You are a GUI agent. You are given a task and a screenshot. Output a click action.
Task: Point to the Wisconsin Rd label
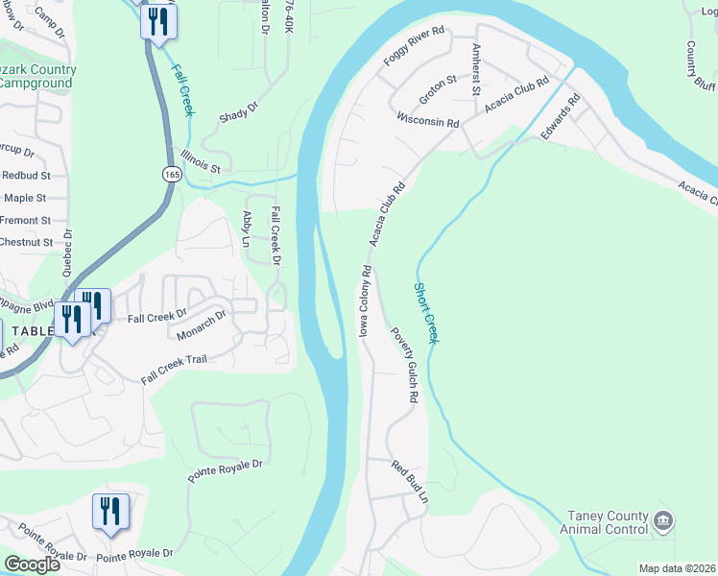(x=428, y=123)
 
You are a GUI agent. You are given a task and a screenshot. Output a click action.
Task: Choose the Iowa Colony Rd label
(x=365, y=300)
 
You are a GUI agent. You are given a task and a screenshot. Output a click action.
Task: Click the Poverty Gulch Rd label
(x=404, y=365)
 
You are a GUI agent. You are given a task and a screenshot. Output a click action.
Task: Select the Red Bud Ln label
(x=409, y=482)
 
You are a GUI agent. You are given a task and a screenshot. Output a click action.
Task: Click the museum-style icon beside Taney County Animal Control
(x=662, y=521)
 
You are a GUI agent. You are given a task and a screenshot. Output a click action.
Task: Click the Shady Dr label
(x=240, y=111)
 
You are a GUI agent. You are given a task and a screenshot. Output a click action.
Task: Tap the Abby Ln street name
(x=247, y=230)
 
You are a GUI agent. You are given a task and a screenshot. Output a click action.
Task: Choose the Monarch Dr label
(x=201, y=325)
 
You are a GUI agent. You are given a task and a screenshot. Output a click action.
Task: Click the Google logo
(x=31, y=564)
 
